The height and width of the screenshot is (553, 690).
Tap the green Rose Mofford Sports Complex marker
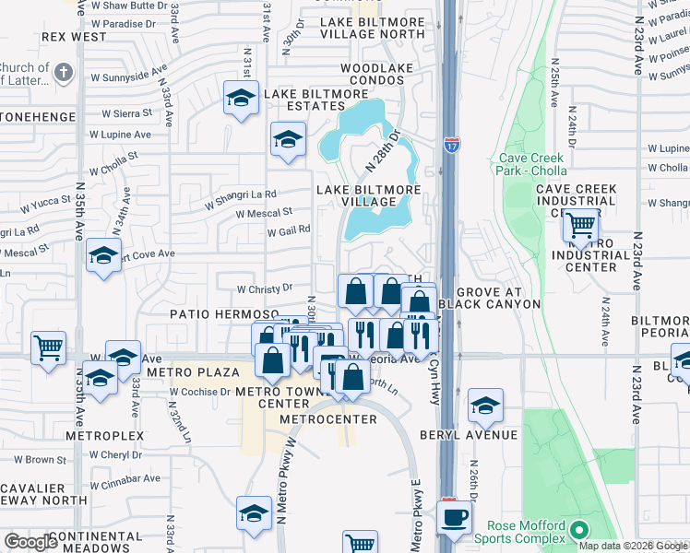pos(578,530)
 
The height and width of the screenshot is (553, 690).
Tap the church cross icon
pos(64,72)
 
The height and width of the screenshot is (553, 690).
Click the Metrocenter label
pos(328,419)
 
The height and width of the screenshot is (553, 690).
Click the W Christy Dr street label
pos(265,288)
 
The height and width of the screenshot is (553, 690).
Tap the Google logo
pos(30,542)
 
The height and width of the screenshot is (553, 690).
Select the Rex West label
pos(74,37)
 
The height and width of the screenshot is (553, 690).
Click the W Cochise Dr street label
pos(198,391)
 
